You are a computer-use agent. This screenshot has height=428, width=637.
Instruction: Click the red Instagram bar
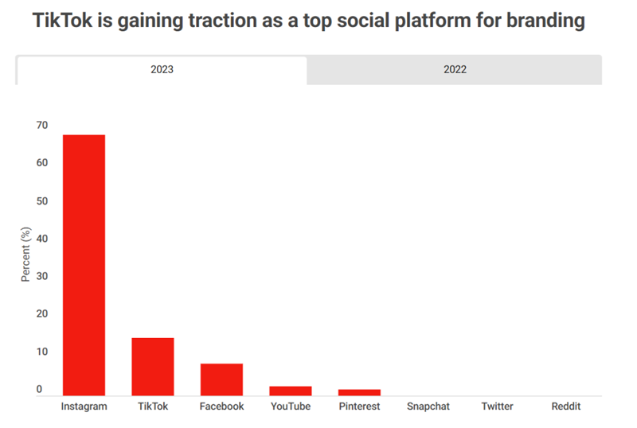[84, 265]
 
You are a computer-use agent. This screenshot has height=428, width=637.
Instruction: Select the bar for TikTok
[152, 367]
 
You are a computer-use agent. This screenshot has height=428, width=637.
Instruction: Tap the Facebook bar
[221, 379]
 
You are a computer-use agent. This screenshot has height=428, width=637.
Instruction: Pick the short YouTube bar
[290, 391]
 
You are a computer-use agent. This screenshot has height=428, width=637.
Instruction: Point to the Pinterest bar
[359, 392]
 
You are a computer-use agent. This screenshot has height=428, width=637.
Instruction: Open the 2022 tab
[455, 69]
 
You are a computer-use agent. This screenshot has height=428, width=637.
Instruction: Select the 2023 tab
[162, 69]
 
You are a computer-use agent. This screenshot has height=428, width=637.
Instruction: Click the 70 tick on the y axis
[41, 126]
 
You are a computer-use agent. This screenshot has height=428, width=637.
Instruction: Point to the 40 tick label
[41, 239]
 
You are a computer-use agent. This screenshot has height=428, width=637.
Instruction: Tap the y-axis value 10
[41, 352]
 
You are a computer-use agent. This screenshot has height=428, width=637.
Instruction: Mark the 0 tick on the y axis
[38, 390]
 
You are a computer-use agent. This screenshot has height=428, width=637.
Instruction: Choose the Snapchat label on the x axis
[428, 407]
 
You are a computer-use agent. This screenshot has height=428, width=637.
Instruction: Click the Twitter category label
[497, 407]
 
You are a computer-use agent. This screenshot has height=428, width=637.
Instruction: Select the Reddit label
[566, 407]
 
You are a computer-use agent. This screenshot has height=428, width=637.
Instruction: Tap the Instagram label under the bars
[84, 407]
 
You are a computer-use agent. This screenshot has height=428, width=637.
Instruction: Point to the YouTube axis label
[290, 407]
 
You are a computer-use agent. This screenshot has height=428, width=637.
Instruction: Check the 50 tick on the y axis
[41, 201]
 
